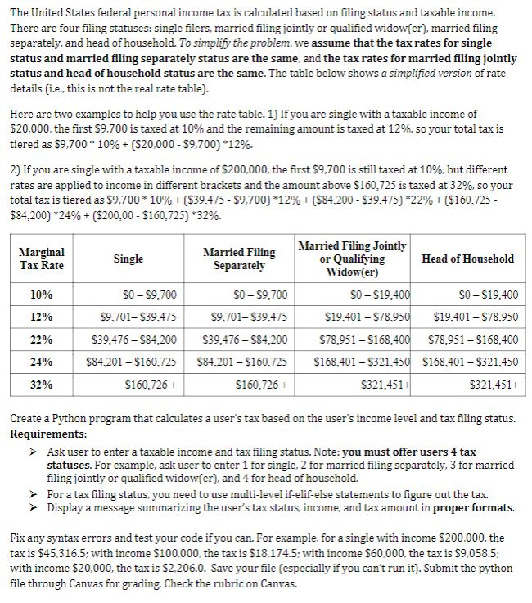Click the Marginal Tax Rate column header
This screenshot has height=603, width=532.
(x=41, y=259)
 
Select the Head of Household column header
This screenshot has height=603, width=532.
(x=467, y=259)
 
